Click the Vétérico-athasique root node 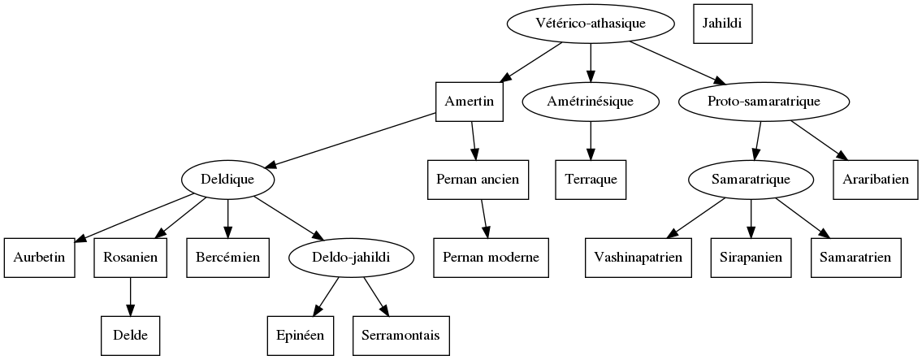click(x=591, y=24)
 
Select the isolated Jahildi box click(x=722, y=24)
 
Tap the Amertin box click(x=470, y=102)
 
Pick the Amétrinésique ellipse click(x=591, y=102)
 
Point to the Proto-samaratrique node click(x=764, y=102)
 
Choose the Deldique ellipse click(x=227, y=180)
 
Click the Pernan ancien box click(x=478, y=180)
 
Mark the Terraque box click(x=591, y=180)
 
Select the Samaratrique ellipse click(x=751, y=180)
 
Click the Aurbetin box click(x=39, y=258)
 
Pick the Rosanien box click(x=130, y=258)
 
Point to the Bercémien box click(x=227, y=258)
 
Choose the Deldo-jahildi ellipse click(x=352, y=258)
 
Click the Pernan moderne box click(x=491, y=258)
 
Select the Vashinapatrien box click(x=638, y=258)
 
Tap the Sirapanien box click(x=751, y=258)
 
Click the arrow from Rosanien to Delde click(x=130, y=297)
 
